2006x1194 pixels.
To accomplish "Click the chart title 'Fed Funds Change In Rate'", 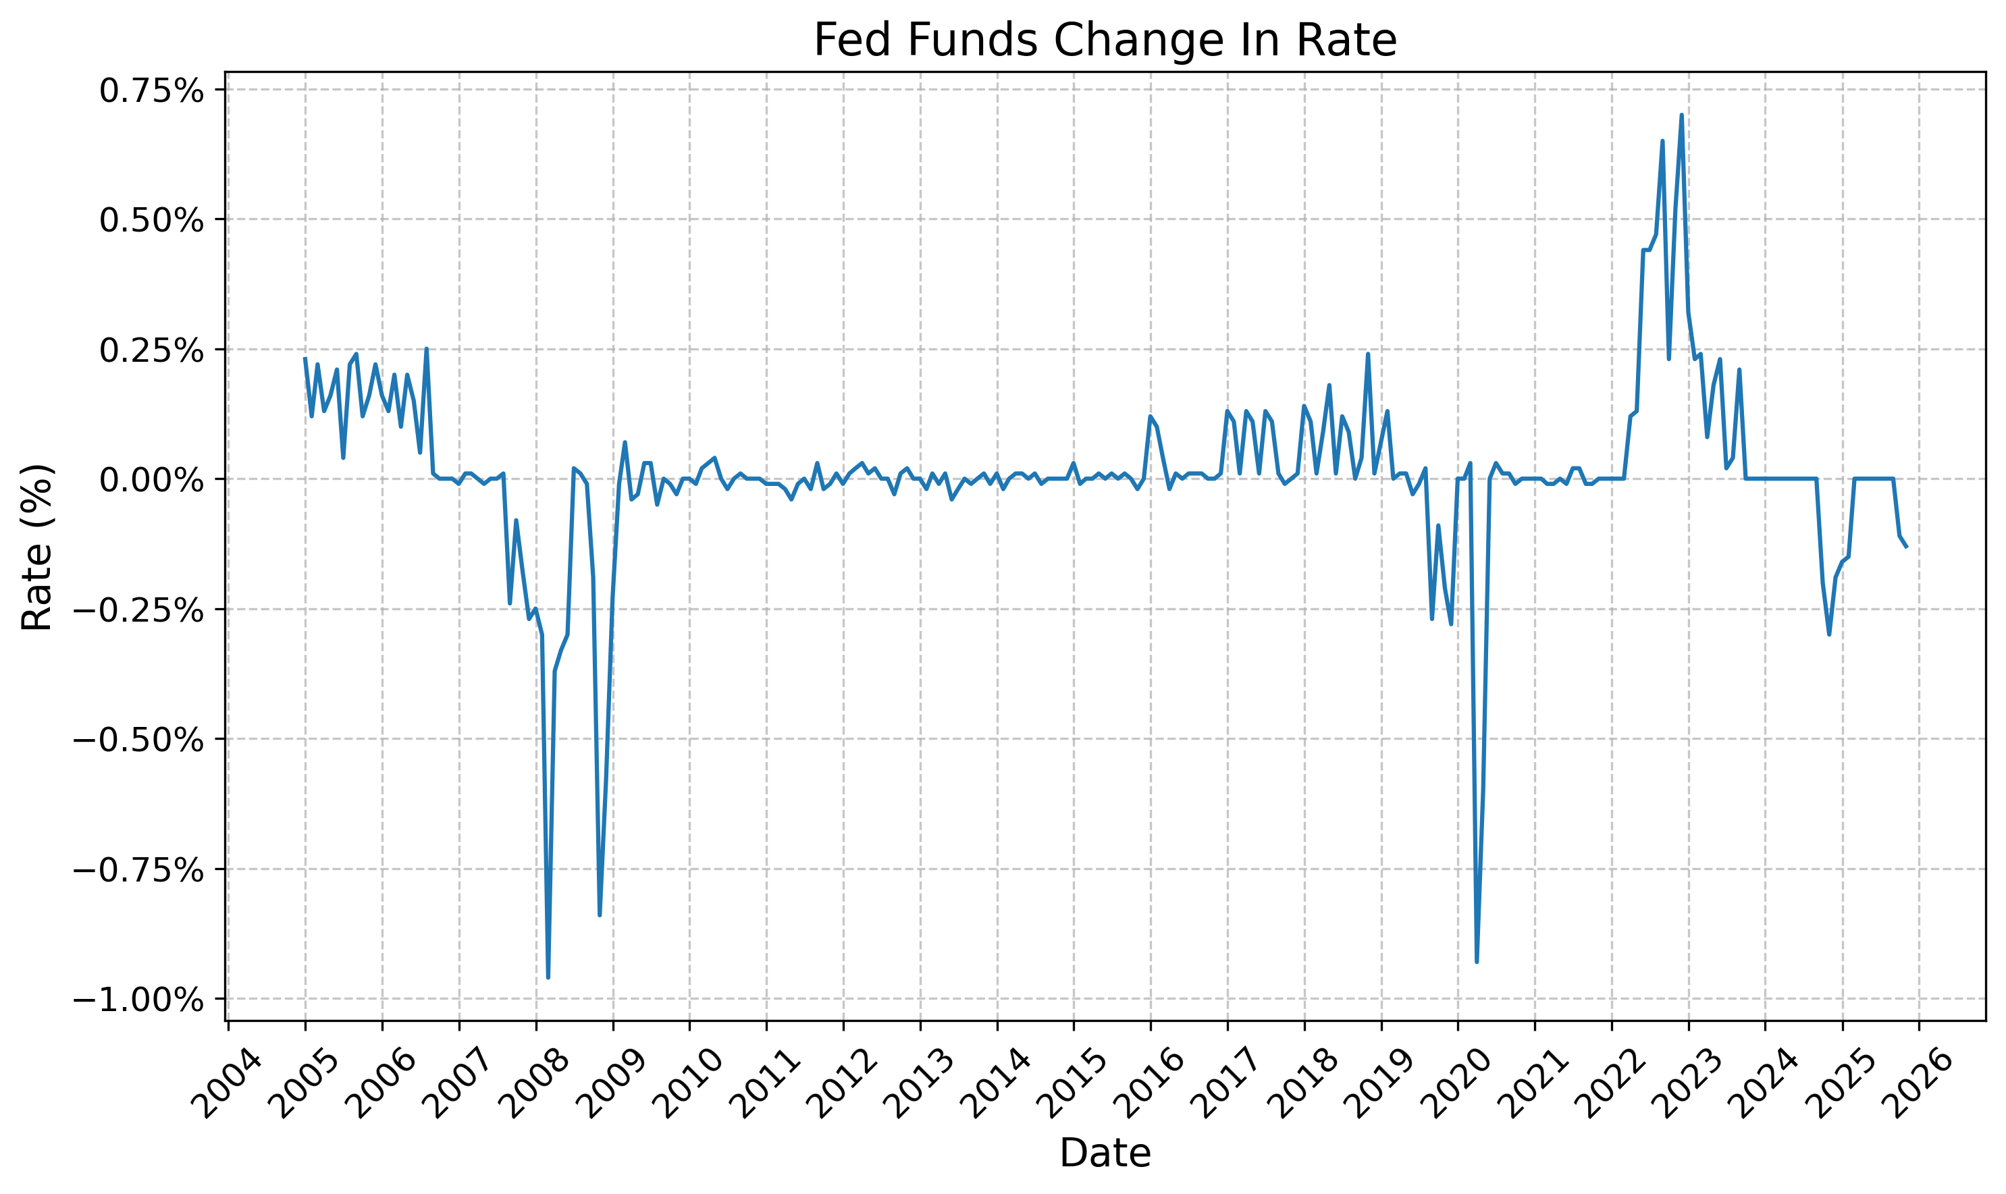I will pos(1105,40).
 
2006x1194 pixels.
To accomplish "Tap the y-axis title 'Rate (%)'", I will pos(36,547).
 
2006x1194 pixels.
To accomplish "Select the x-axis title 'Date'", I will pos(1105,1153).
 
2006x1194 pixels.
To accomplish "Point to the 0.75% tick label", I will pos(151,91).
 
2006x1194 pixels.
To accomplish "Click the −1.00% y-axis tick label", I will pos(138,1000).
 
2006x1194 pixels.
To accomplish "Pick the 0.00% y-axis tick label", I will pos(151,481).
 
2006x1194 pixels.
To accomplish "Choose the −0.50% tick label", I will pos(138,740).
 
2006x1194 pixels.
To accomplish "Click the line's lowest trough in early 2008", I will pos(548,977).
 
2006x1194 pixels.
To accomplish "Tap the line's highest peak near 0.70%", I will pos(1681,115).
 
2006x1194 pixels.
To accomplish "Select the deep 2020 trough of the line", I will pos(1477,961).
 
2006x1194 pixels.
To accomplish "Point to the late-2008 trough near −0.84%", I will pos(600,915).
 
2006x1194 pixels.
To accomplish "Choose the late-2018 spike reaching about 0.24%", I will pos(1368,354).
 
